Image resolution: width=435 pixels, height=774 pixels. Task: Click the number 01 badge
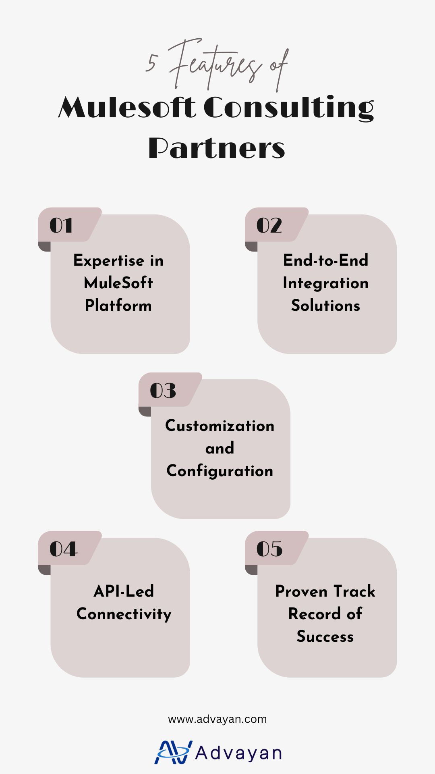click(x=61, y=225)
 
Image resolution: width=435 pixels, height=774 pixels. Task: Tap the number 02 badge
click(x=269, y=225)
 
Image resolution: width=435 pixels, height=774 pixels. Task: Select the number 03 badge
click(x=163, y=390)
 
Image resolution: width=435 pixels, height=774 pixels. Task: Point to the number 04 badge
click(x=63, y=549)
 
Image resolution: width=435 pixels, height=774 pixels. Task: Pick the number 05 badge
click(x=269, y=549)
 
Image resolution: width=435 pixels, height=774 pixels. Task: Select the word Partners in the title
click(x=217, y=148)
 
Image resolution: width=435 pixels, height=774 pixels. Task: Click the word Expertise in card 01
click(x=109, y=261)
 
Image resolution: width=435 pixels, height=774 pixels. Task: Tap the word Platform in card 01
click(x=118, y=306)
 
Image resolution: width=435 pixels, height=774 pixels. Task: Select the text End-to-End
click(x=325, y=260)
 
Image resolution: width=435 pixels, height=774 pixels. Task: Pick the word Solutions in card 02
click(x=325, y=306)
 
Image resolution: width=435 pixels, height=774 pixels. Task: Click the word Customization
click(x=220, y=426)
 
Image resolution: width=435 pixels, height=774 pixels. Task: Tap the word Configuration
click(x=220, y=471)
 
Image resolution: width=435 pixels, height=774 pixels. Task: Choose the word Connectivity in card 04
click(x=124, y=614)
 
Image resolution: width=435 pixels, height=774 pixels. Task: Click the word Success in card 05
click(x=325, y=637)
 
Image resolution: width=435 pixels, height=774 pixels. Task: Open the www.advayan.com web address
click(x=217, y=719)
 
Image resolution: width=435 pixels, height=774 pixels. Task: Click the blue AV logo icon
click(x=173, y=752)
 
